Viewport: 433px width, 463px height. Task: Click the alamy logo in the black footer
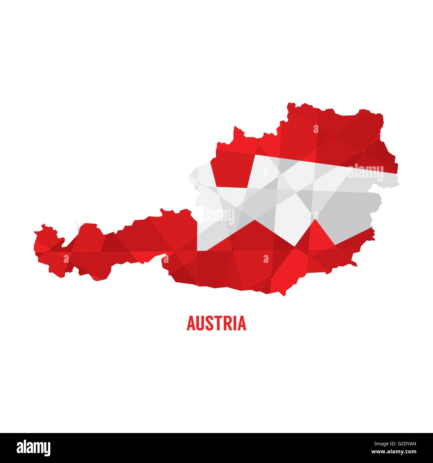pyautogui.click(x=34, y=447)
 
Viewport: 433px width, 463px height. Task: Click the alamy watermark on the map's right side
pyautogui.click(x=365, y=172)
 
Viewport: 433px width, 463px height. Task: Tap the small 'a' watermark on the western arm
pyautogui.click(x=66, y=258)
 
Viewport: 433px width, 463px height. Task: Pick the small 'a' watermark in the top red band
pyautogui.click(x=316, y=129)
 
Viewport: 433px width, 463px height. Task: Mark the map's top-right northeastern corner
pyautogui.click(x=382, y=115)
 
